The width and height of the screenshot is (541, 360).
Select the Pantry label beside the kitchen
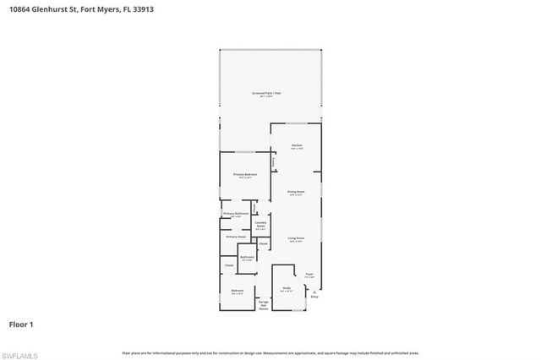tap(273, 161)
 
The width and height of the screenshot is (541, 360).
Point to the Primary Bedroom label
tap(245, 175)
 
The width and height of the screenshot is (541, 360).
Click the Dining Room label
tap(295, 194)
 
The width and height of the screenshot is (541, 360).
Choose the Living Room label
tap(295, 240)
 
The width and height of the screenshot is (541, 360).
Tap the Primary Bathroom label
tap(236, 215)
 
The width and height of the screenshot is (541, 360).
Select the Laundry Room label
tap(260, 226)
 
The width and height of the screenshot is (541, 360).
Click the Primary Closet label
tap(236, 237)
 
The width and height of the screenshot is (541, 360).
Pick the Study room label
tap(286, 290)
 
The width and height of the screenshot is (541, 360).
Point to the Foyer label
tap(309, 275)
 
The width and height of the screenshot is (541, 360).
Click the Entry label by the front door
tap(314, 297)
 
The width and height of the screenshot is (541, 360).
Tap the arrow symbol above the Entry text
tap(314, 291)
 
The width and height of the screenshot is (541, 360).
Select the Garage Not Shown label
tap(264, 305)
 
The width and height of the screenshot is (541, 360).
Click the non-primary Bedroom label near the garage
tap(238, 292)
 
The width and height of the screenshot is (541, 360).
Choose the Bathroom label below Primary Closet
tap(247, 258)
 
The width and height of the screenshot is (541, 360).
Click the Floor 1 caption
tap(21, 324)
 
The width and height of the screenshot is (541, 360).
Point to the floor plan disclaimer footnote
tap(270, 352)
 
